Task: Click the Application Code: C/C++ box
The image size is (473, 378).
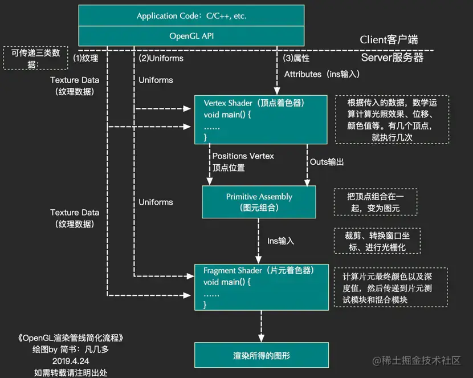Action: point(191,16)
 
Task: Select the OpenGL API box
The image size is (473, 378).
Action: point(191,35)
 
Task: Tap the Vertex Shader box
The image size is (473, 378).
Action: point(261,119)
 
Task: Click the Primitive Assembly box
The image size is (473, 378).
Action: point(259,202)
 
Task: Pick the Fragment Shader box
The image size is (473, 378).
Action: point(261,287)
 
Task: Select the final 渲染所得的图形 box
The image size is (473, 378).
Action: point(261,355)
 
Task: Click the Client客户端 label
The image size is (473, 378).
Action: point(389,40)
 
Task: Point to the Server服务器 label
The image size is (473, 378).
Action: point(392,58)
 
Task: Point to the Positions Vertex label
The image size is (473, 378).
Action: point(243,156)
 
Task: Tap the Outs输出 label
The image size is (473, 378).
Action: point(327,162)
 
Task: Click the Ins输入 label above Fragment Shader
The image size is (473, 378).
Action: point(280,241)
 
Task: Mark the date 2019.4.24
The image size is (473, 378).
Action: point(70,361)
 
